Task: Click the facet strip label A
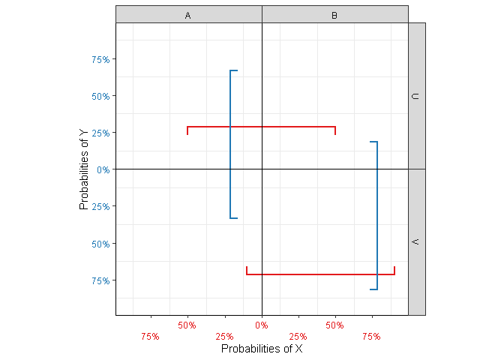pyautogui.click(x=187, y=15)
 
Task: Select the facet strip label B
pyautogui.click(x=334, y=15)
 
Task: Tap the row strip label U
pyautogui.click(x=417, y=96)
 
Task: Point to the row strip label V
pyautogui.click(x=417, y=242)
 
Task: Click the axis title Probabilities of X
pyautogui.click(x=262, y=349)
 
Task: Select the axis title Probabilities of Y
pyautogui.click(x=85, y=169)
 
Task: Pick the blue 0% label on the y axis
pyautogui.click(x=103, y=170)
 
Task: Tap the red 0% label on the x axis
pyautogui.click(x=262, y=325)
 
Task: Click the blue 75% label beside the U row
pyautogui.click(x=100, y=59)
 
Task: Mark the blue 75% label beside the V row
pyautogui.click(x=100, y=280)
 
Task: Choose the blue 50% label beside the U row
pyautogui.click(x=100, y=96)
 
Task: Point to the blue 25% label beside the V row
pyautogui.click(x=100, y=206)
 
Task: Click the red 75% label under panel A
pyautogui.click(x=150, y=337)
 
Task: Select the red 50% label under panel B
pyautogui.click(x=335, y=325)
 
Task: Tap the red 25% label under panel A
pyautogui.click(x=224, y=337)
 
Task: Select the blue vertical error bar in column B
pyautogui.click(x=377, y=215)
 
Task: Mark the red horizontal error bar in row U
pyautogui.click(x=261, y=127)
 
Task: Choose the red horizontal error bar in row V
pyautogui.click(x=320, y=274)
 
